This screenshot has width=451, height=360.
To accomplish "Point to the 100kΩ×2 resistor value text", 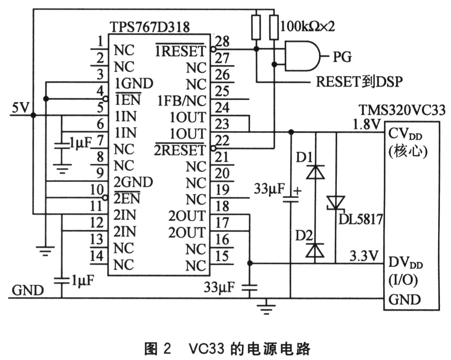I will click(x=308, y=25).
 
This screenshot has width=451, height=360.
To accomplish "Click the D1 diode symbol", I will click(x=315, y=171).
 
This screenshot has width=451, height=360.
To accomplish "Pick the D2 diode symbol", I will click(x=315, y=250).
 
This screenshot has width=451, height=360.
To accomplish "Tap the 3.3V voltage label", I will click(x=365, y=256).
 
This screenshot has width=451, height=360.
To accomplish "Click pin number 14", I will click(x=97, y=256).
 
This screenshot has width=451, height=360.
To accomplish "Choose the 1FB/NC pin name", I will click(x=181, y=101).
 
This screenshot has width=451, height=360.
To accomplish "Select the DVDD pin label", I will click(x=405, y=264).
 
